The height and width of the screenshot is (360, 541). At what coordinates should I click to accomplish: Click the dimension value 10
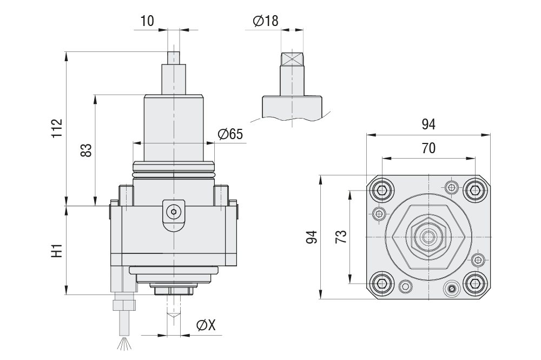[x=147, y=21]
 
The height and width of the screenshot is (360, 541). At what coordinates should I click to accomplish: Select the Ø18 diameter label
[x=265, y=21]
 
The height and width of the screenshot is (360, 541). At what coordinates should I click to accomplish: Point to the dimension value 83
[x=85, y=150]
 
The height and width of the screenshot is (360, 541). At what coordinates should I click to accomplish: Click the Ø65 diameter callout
[x=230, y=135]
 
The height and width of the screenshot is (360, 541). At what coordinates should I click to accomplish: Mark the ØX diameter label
[x=206, y=325]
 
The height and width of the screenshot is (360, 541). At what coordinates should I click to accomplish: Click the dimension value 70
[x=428, y=148]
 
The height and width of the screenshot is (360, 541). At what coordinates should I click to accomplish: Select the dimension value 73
[x=341, y=237]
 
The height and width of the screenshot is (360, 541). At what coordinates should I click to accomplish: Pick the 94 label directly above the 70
[x=428, y=125]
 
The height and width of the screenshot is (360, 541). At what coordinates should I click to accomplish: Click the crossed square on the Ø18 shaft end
[x=292, y=59]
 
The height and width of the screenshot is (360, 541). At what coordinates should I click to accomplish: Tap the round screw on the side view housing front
[x=174, y=212]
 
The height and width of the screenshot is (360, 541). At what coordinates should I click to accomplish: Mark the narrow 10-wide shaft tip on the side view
[x=174, y=57]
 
